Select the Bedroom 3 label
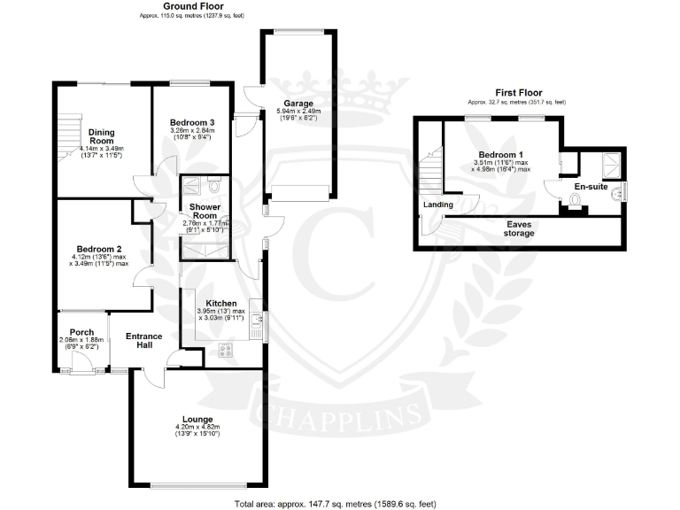(x=192, y=122)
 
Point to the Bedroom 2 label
(x=100, y=249)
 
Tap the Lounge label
(x=197, y=419)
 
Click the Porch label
(x=81, y=333)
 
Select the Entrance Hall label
(x=143, y=340)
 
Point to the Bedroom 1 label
(x=501, y=154)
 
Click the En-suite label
(x=590, y=189)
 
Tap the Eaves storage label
(x=519, y=229)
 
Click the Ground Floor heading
(x=191, y=6)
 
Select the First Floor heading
(x=517, y=93)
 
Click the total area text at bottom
(x=335, y=503)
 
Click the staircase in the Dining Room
(x=68, y=137)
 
